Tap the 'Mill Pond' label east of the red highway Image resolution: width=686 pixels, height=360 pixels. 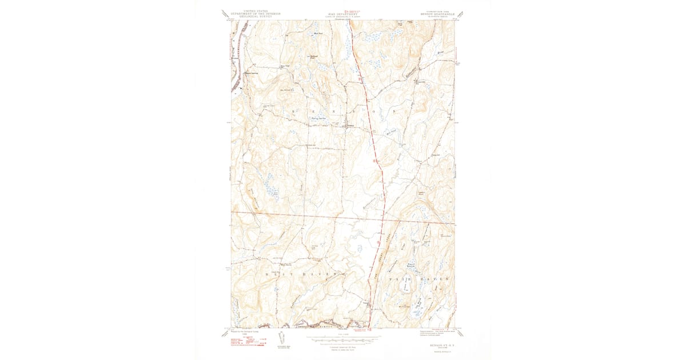(392, 131)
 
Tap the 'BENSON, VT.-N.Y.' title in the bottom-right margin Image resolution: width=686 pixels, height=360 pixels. (436, 346)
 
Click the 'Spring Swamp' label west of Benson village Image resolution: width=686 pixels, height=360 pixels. (317, 119)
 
